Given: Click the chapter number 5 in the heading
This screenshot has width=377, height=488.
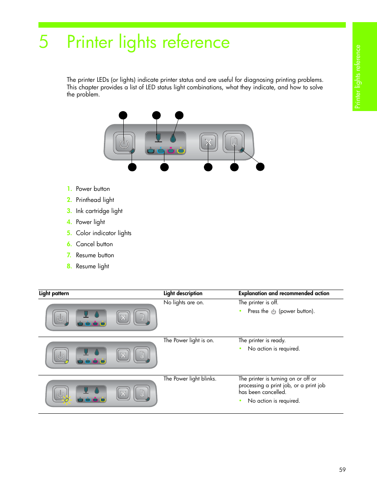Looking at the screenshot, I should (44, 42).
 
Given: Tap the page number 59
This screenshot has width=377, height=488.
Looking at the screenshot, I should (342, 469).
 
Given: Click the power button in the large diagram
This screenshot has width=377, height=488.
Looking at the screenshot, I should (124, 143).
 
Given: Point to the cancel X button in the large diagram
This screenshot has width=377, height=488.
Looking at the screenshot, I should (209, 142).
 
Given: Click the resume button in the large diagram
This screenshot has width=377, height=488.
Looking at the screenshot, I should (234, 141).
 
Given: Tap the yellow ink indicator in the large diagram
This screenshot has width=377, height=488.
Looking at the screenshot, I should (181, 151).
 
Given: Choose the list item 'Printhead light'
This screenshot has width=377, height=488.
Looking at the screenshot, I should (95, 200).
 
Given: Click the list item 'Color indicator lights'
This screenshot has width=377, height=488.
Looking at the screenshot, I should (104, 233).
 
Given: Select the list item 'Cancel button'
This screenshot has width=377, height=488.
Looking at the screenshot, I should (94, 244).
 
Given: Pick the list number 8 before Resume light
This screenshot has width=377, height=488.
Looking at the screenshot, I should (69, 266).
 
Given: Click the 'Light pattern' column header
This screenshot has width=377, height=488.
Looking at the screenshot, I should (54, 293).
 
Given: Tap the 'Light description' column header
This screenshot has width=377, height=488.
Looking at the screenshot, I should (183, 293).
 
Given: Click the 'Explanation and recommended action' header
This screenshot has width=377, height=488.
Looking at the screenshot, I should (284, 293).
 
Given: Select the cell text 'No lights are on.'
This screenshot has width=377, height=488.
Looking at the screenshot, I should (184, 302).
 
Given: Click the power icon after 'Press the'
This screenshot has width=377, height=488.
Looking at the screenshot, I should (273, 311).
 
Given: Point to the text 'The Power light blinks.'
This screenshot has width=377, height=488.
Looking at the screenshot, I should (190, 379).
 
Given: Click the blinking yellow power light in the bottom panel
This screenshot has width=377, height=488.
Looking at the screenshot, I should (66, 400).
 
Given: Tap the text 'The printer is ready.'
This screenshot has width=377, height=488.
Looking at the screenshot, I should (262, 340).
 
